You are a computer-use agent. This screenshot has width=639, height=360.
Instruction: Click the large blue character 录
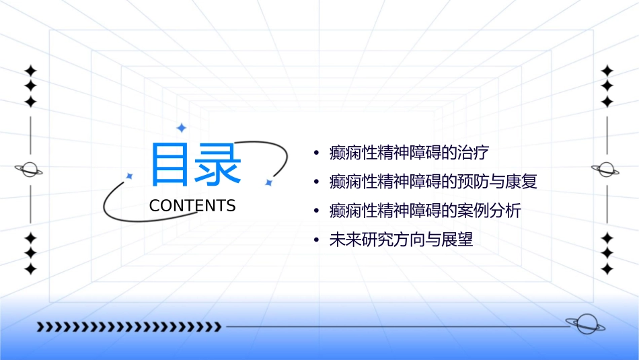[217, 165]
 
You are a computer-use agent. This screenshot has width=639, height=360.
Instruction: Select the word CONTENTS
[192, 206]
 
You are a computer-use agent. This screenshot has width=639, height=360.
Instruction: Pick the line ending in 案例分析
[425, 211]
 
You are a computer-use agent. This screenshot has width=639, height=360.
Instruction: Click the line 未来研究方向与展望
[401, 240]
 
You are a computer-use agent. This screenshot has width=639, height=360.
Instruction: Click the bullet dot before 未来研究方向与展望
[316, 240]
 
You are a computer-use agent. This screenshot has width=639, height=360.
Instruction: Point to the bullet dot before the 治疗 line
[316, 153]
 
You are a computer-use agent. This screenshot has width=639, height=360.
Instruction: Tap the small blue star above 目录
[181, 128]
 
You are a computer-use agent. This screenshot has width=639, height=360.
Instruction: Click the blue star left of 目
[130, 176]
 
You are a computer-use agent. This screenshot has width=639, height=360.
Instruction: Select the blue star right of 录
[268, 182]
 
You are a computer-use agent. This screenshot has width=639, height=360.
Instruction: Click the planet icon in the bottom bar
[585, 325]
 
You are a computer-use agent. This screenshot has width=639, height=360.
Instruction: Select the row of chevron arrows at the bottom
[129, 327]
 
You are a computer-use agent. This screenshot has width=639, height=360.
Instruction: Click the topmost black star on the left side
[30, 70]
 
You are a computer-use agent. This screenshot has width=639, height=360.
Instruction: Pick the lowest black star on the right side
[607, 269]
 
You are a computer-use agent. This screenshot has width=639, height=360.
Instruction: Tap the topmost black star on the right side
[607, 70]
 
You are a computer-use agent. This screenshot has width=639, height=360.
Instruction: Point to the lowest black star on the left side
[30, 269]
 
